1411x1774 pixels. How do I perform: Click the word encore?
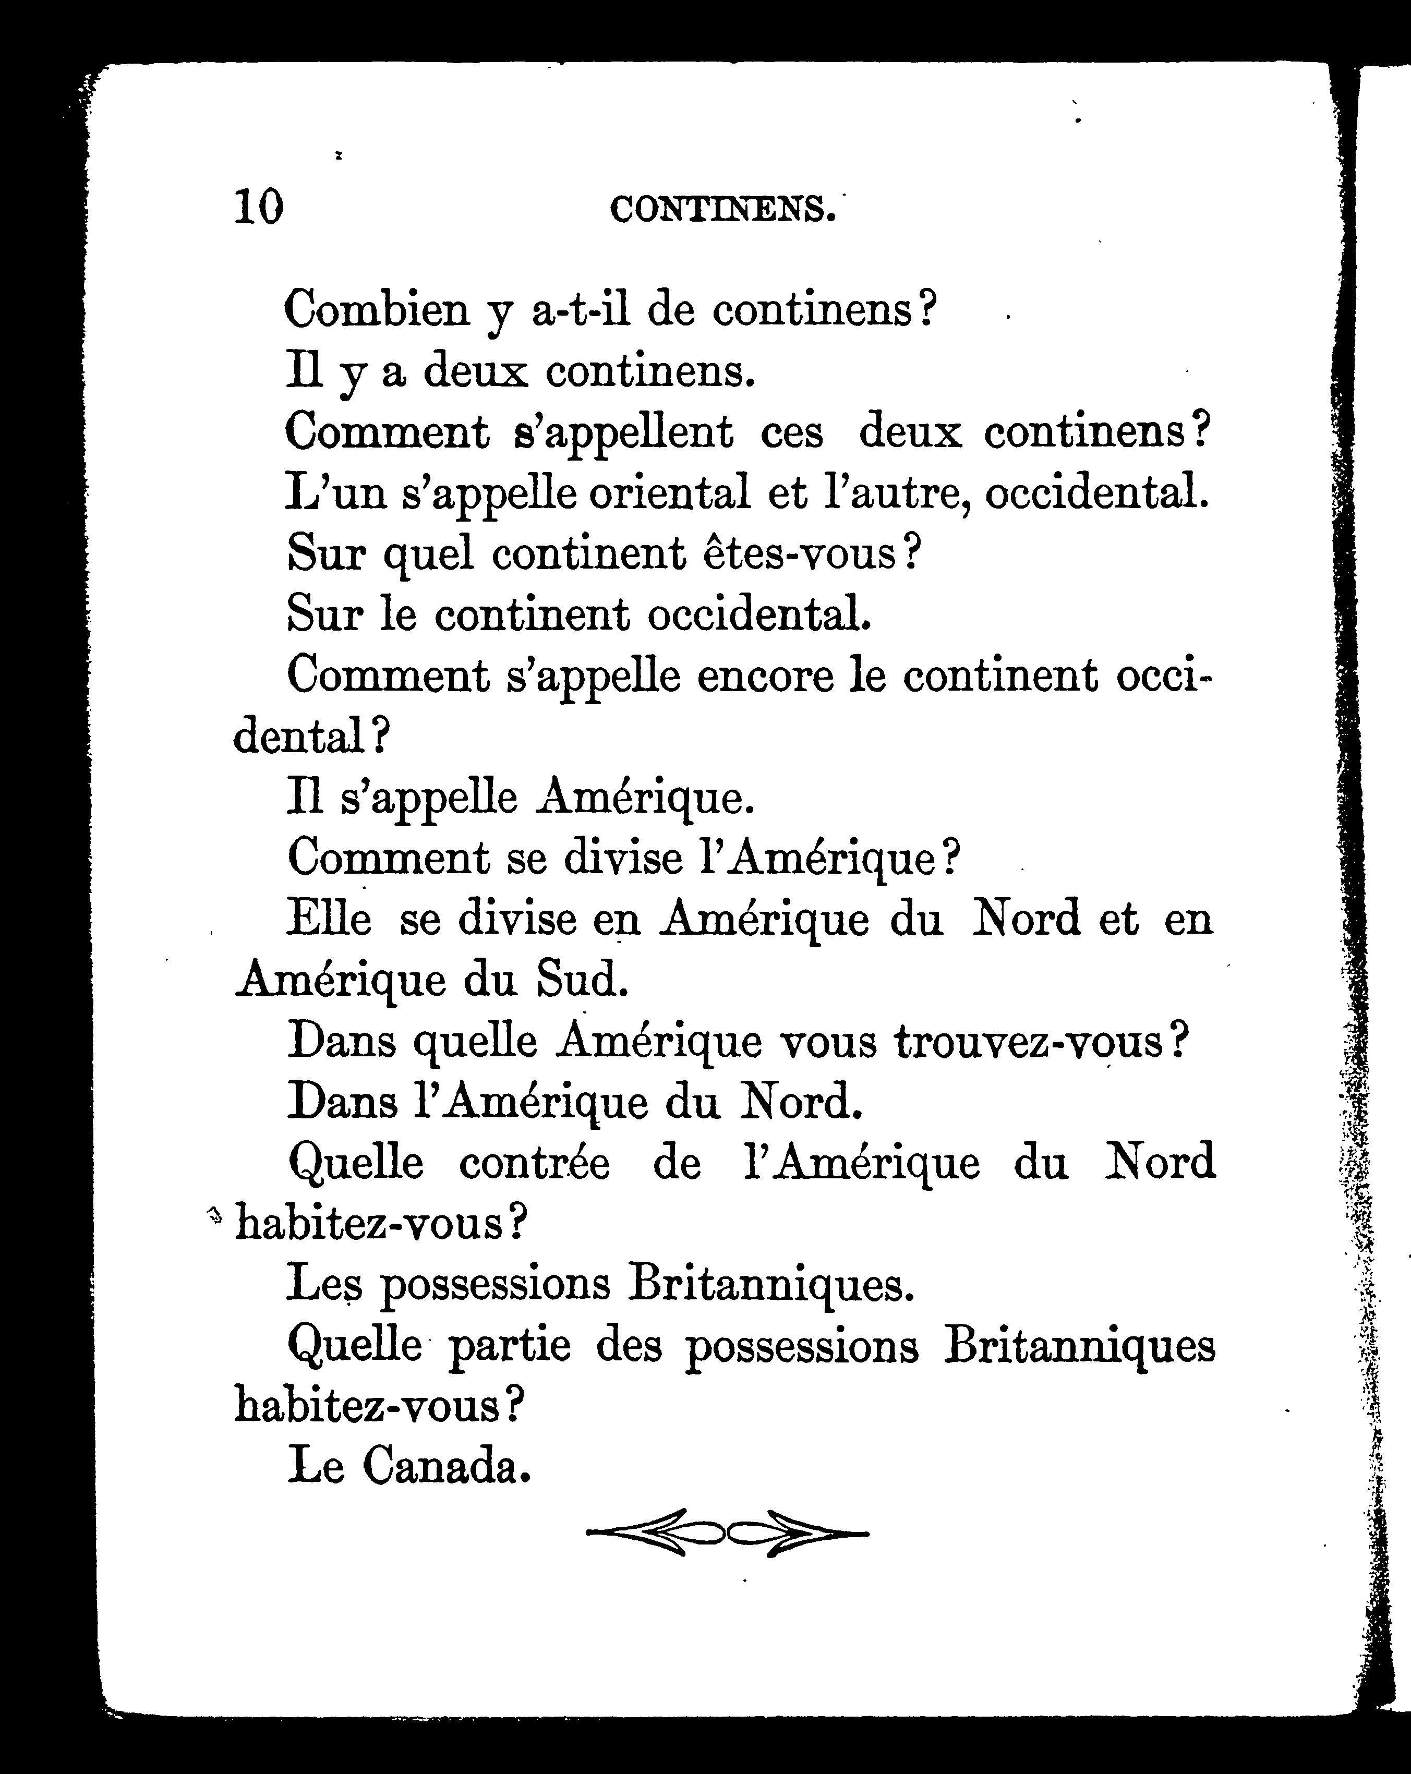coord(765,677)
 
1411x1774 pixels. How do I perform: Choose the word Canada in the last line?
coord(444,1465)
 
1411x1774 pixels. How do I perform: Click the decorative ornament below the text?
coord(727,1532)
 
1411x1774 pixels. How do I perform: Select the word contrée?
coord(535,1164)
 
